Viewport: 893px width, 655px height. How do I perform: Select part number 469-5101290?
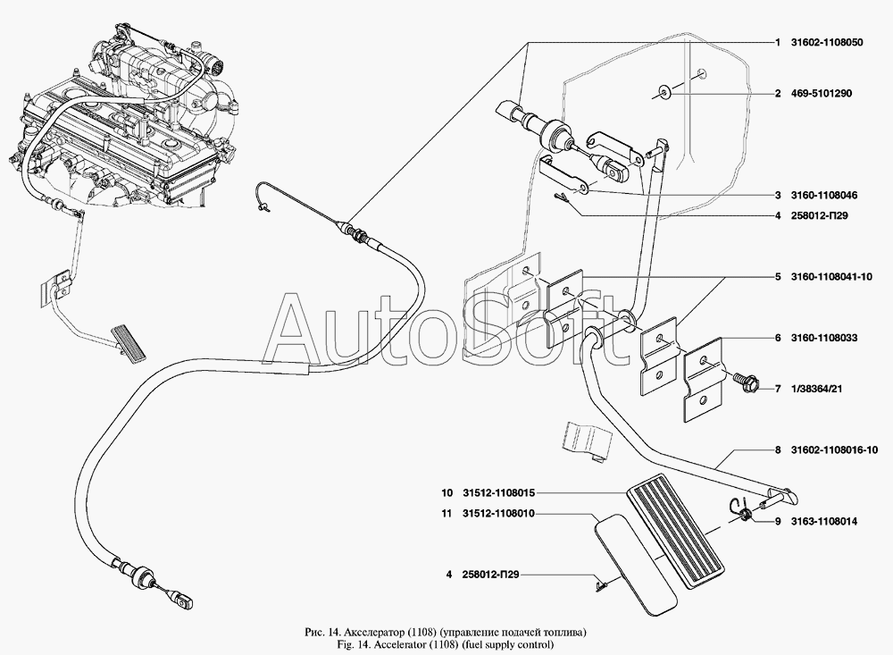pyautogui.click(x=820, y=93)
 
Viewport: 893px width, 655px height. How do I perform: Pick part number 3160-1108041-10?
pyautogui.click(x=830, y=277)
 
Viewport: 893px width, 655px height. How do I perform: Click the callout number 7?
pyautogui.click(x=778, y=389)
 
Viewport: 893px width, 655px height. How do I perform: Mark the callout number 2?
pyautogui.click(x=778, y=93)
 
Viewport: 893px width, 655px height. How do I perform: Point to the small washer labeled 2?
pyautogui.click(x=665, y=91)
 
